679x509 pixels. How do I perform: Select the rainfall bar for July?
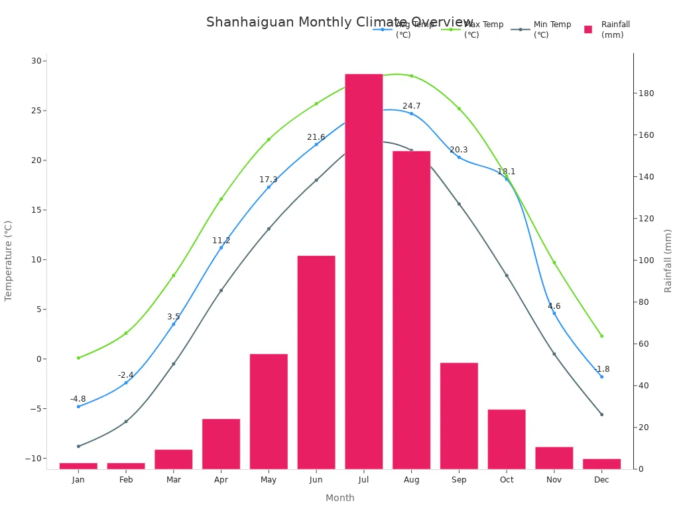363,272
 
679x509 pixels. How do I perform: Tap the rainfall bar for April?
221,443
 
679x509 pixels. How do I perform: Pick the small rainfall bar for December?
601,463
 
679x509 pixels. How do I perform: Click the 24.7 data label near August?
411,106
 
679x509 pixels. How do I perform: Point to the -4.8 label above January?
78,399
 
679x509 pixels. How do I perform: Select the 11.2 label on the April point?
221,241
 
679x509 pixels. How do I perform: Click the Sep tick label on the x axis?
459,480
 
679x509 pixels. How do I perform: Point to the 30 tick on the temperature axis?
36,61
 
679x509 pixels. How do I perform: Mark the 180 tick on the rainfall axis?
646,93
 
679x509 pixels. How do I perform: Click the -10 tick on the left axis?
33,458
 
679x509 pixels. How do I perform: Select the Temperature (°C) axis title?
9,260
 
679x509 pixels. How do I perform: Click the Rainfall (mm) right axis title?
668,260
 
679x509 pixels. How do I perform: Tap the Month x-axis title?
339,498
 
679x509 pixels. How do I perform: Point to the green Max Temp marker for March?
174,275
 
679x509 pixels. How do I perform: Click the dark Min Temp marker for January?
78,446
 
